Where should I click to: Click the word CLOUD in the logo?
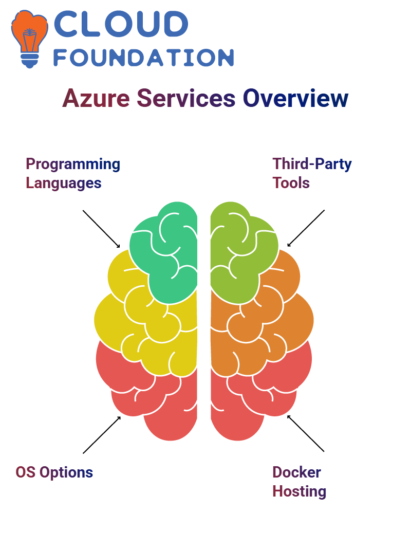[x=121, y=24]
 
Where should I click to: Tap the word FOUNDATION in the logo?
[x=143, y=58]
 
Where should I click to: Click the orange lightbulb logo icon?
[x=29, y=39]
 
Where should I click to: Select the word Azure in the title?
[x=96, y=98]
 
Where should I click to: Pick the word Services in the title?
[x=186, y=98]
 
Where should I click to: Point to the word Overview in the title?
[x=295, y=98]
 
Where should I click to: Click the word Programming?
[x=73, y=164]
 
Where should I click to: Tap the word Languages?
[x=64, y=184]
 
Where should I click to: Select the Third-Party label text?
[x=312, y=164]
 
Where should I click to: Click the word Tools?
[x=291, y=183]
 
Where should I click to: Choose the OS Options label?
[x=54, y=472]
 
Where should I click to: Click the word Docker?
[x=296, y=472]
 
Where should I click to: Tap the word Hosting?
[x=300, y=491]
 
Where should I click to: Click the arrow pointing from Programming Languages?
[x=101, y=229]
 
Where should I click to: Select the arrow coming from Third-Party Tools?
[x=306, y=228]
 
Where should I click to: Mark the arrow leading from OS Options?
[x=102, y=435]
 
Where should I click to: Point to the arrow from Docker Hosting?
[x=306, y=433]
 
